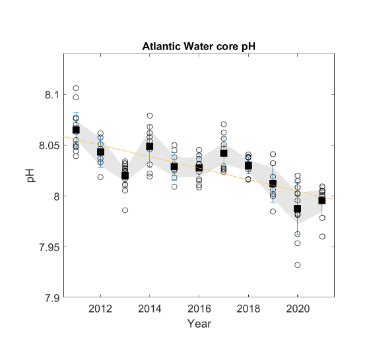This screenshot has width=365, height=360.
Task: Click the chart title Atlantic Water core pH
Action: click(199, 47)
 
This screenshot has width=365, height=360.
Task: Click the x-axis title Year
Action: click(199, 324)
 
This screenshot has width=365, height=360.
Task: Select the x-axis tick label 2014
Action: click(150, 309)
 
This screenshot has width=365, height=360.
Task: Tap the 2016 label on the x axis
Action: click(199, 309)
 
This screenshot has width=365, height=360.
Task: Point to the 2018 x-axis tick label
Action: click(248, 309)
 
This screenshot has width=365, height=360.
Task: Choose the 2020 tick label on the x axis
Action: click(297, 309)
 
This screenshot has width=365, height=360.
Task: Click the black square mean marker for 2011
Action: click(76, 130)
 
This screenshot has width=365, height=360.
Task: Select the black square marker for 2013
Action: click(125, 175)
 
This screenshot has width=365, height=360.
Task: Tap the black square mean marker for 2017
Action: click(224, 153)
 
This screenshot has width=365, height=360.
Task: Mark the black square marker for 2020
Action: click(298, 208)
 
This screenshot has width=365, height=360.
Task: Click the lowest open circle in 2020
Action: click(298, 265)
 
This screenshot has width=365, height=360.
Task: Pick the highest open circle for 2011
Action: click(76, 88)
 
